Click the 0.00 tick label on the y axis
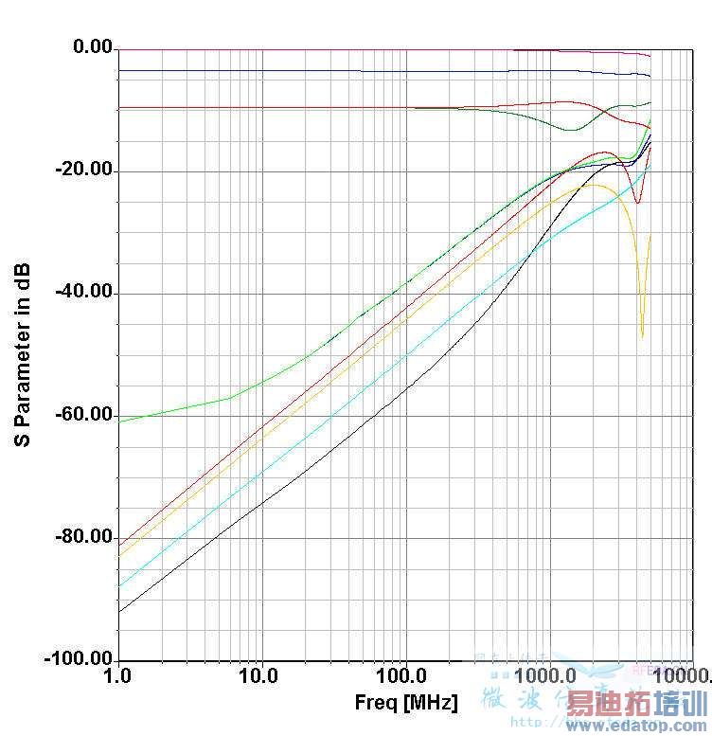[x=92, y=47]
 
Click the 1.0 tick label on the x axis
[x=117, y=677]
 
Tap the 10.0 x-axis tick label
[x=258, y=677]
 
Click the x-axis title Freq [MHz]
[x=406, y=704]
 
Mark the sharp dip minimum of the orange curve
[x=642, y=336]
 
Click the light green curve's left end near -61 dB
[x=120, y=421]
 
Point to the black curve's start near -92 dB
[x=120, y=611]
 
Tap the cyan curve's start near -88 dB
[x=120, y=585]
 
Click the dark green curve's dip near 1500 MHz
[x=570, y=130]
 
